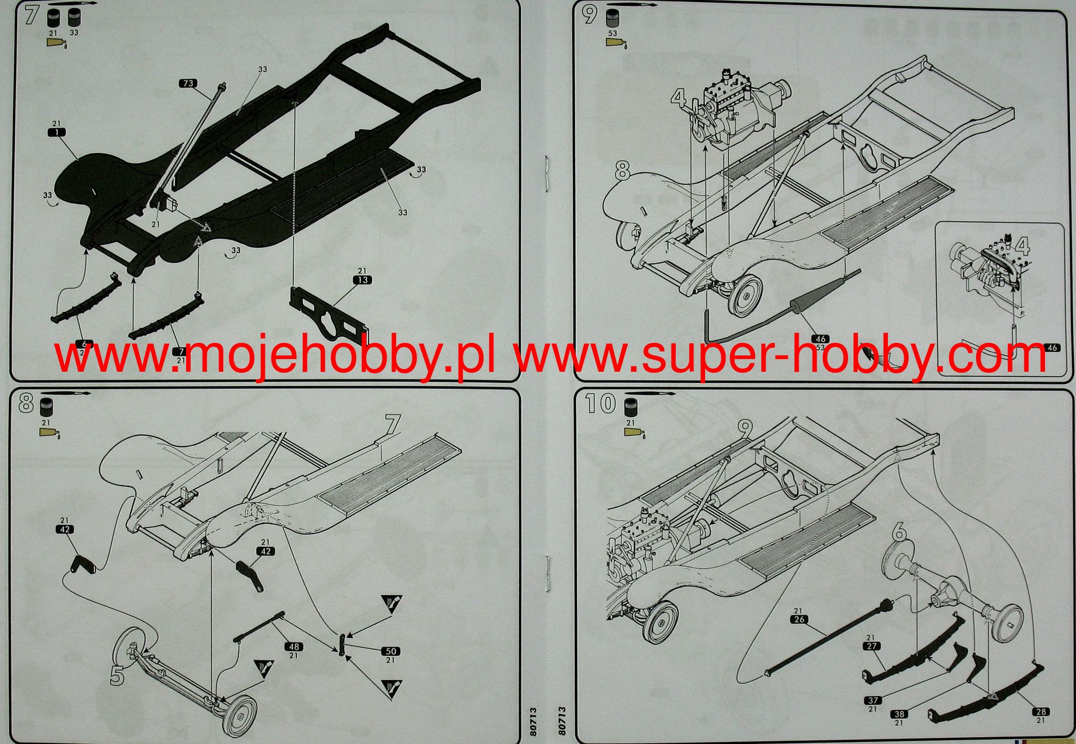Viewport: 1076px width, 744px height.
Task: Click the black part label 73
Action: (x=188, y=83)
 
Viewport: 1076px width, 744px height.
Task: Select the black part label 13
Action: (x=363, y=280)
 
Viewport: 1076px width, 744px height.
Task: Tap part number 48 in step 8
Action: (x=293, y=646)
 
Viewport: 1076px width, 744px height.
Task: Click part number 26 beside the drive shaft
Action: (x=799, y=619)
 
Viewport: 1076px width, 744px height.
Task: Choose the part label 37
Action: (x=873, y=700)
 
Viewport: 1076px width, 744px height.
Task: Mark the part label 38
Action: (x=899, y=714)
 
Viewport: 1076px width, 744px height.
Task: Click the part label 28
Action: (x=1041, y=711)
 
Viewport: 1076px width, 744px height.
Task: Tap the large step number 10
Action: (x=600, y=403)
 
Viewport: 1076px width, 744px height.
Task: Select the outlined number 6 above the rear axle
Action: (x=899, y=533)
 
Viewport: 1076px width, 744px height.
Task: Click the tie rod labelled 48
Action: (x=260, y=626)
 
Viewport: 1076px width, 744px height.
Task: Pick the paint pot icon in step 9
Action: (x=612, y=19)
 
